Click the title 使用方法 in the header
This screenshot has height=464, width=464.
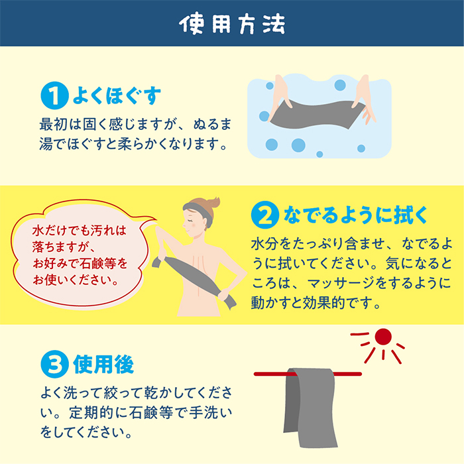pyautogui.click(x=232, y=23)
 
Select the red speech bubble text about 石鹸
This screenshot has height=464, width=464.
pyautogui.click(x=81, y=254)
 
